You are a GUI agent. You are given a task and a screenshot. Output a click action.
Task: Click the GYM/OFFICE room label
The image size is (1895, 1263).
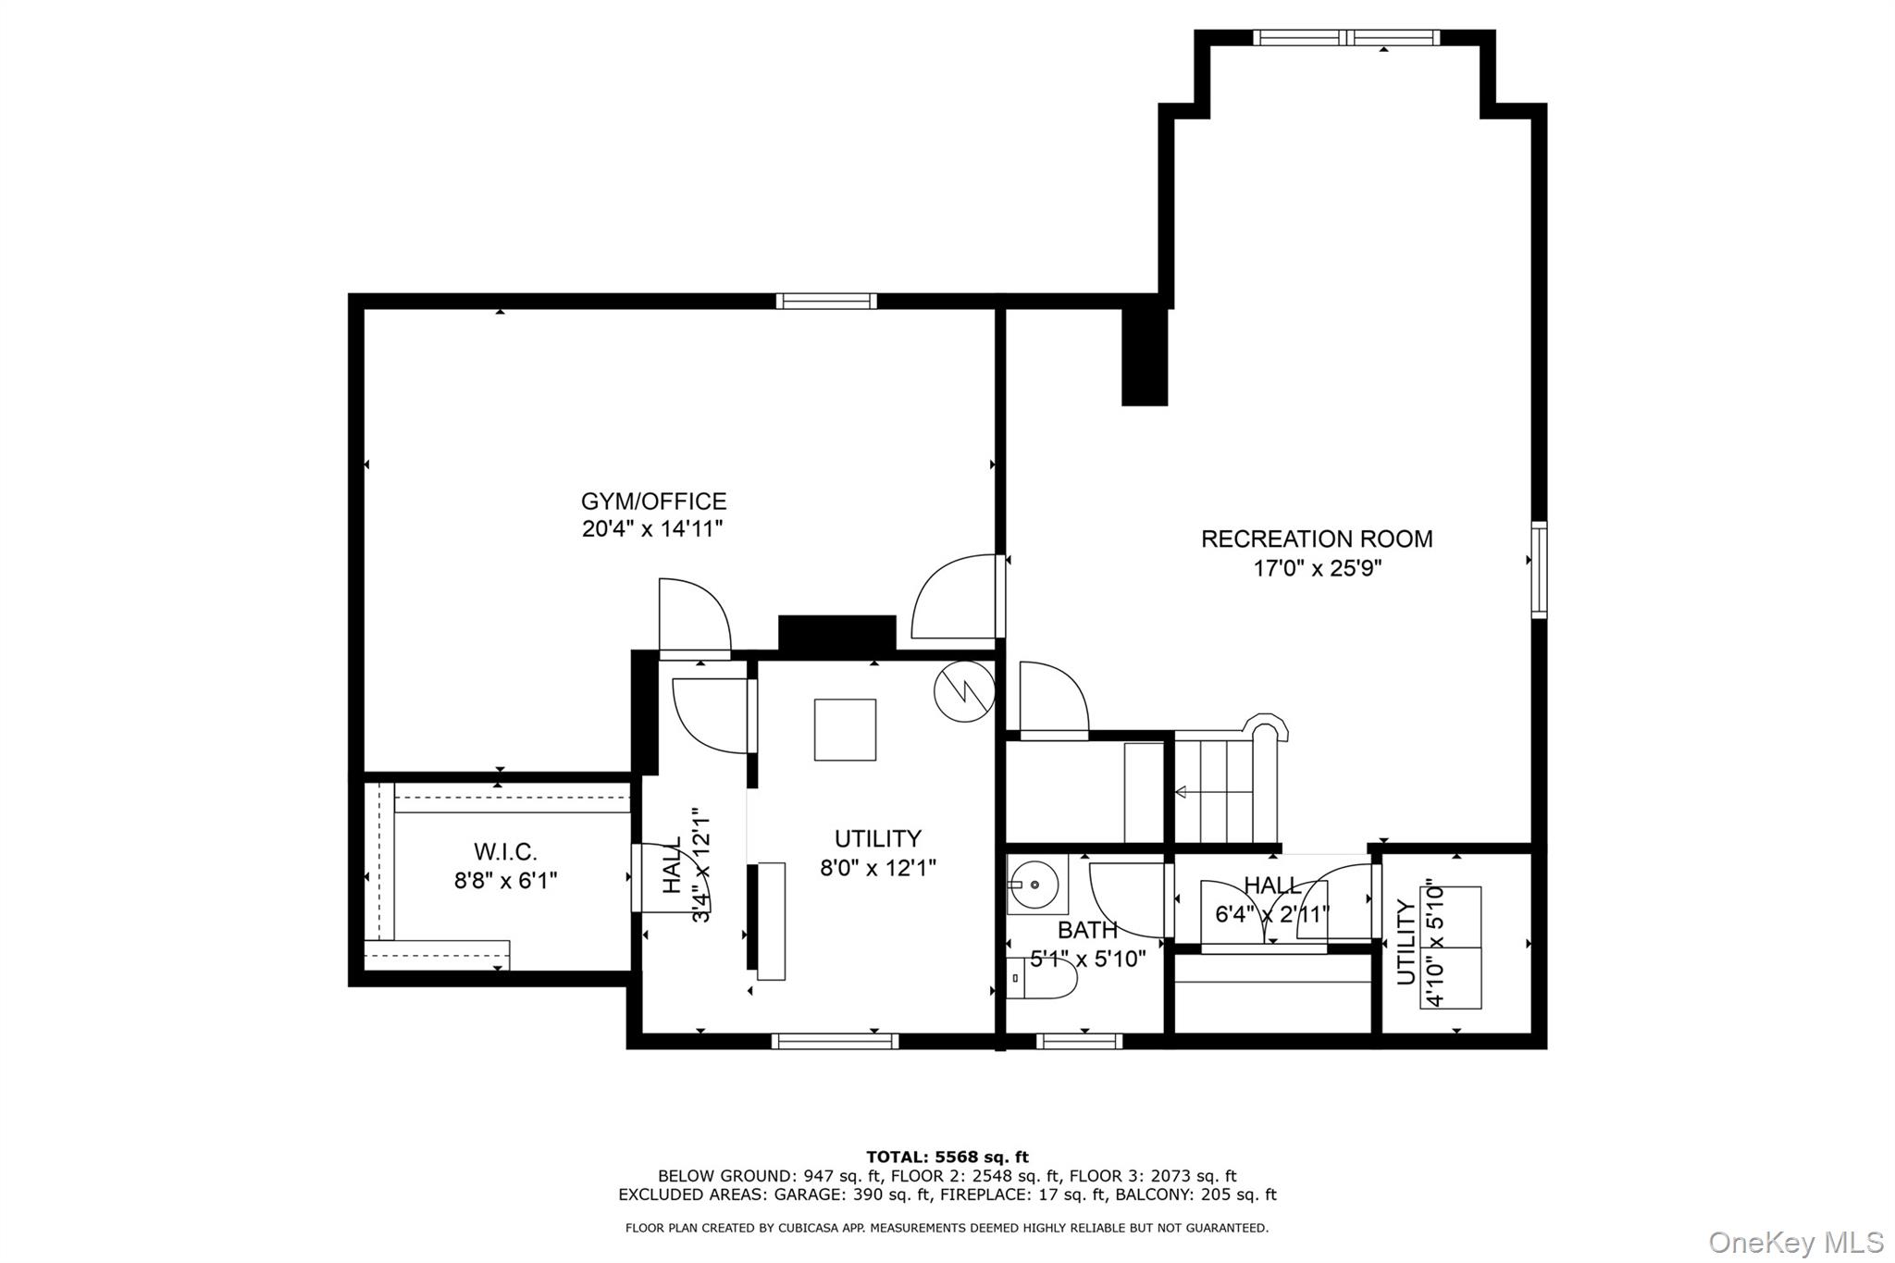coord(653,501)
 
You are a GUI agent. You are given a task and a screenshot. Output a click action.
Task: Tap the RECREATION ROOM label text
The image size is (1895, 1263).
coord(1316,539)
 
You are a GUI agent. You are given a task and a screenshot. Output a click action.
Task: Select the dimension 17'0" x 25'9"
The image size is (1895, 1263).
coord(1317,568)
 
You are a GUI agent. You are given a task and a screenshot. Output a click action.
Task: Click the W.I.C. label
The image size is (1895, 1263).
coord(505,851)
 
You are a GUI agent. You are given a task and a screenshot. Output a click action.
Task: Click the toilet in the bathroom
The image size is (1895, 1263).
coord(1043,979)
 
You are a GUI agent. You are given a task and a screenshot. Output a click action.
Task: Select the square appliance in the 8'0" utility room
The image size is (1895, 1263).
coord(845,729)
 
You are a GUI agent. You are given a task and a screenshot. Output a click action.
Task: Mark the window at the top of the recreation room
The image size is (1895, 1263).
coord(1346,38)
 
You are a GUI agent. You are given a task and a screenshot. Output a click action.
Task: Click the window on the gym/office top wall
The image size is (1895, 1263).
coord(826,301)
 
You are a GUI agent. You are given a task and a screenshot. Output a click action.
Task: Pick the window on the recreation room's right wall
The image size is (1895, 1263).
coord(1539,569)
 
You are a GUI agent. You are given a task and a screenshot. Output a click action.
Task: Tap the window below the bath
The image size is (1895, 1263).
coord(1079,1042)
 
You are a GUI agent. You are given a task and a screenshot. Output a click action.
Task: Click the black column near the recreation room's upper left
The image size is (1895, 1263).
coord(1145,356)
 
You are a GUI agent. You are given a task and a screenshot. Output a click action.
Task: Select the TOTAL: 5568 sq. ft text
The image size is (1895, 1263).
coord(947,1157)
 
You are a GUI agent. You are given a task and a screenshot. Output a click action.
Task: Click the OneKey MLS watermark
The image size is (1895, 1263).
coord(1795,1242)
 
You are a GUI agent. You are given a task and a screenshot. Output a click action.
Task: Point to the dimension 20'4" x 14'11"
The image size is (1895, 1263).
coord(652,529)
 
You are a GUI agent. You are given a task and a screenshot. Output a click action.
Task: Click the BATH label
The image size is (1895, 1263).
coord(1087,930)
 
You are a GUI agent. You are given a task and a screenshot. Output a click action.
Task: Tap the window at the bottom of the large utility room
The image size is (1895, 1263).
coord(835,1042)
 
